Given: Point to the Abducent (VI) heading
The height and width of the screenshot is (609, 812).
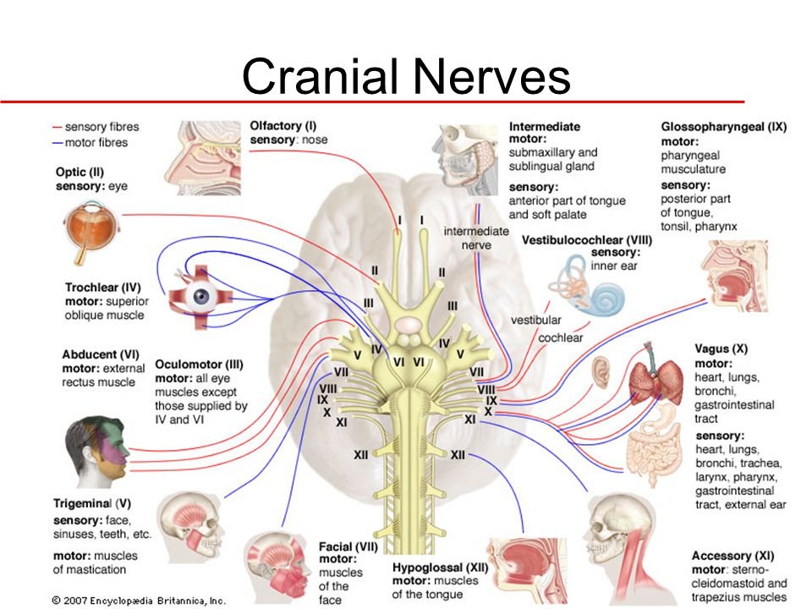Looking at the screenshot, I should pos(98,354).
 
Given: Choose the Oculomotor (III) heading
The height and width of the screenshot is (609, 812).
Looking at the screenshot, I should pos(199,365).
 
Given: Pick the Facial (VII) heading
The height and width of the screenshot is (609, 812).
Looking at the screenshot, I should pos(347,547).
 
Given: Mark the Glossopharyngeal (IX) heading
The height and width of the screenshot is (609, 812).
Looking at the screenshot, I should pos(723,127).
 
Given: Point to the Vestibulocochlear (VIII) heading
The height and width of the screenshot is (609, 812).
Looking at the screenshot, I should pos(588,240).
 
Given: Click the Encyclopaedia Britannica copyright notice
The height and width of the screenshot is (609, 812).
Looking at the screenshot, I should pos(139,600).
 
